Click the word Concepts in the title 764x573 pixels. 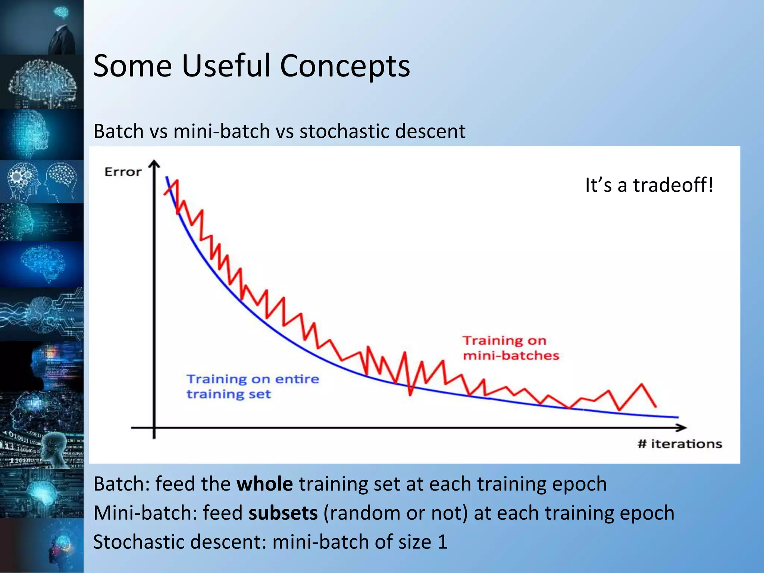tap(345, 66)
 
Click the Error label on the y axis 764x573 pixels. tap(123, 172)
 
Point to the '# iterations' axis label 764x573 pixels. tap(680, 444)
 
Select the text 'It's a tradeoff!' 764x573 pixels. tap(649, 185)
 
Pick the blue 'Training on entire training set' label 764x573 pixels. tap(253, 386)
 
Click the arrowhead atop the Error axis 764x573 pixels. tap(154, 165)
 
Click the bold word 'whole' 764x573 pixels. tap(264, 484)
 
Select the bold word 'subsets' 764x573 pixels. tap(283, 513)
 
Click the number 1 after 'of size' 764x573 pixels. tap(442, 542)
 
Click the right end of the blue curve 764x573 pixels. tap(677, 417)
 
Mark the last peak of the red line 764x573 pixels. tap(642, 384)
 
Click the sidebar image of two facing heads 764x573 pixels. tap(42, 182)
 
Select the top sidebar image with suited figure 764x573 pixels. tap(42, 27)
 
